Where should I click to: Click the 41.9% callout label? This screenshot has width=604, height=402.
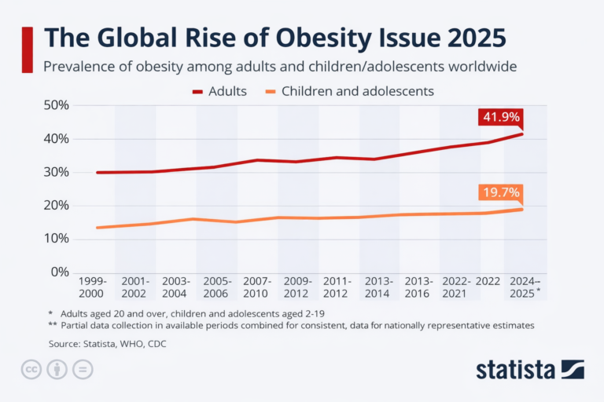[499, 117]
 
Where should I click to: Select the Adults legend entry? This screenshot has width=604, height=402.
[219, 91]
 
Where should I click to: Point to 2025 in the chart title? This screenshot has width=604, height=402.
[470, 38]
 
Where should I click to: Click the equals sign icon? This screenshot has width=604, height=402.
[82, 369]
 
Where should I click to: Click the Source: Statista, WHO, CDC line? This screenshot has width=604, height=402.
[107, 343]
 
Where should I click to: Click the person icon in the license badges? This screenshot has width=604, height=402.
[57, 369]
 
